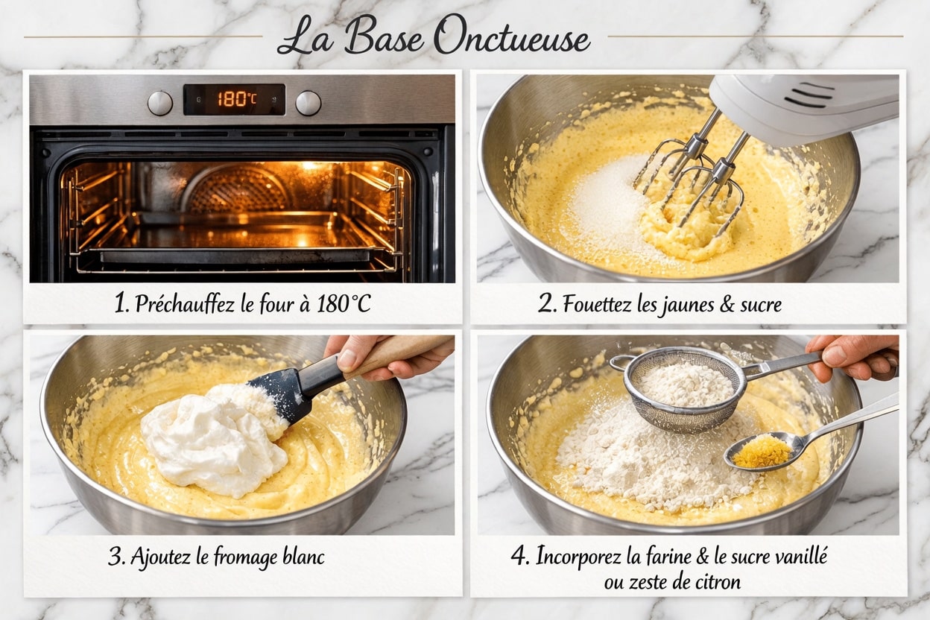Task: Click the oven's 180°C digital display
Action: [x=234, y=99]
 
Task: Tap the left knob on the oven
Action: [x=159, y=103]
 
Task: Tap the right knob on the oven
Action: [x=309, y=103]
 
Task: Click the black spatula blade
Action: [x=283, y=394]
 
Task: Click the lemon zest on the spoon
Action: [x=761, y=452]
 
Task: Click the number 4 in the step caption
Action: [x=519, y=557]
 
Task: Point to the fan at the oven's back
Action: [x=237, y=190]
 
